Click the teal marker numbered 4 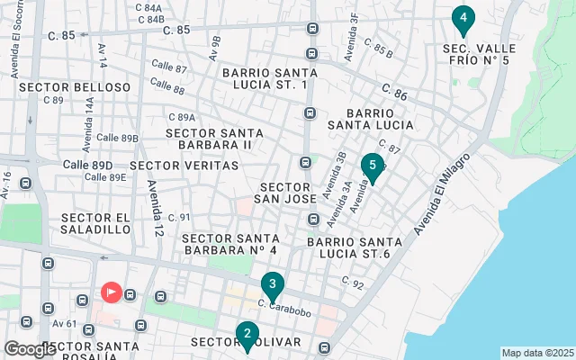point(463,18)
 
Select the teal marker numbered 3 point(273,284)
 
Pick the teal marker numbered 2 point(247,335)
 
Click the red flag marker point(112,292)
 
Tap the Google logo point(29,349)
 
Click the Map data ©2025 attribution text point(536,353)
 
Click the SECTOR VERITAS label point(184,166)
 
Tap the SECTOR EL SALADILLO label point(97,223)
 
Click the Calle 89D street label point(88,166)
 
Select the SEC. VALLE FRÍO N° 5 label point(476,54)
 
